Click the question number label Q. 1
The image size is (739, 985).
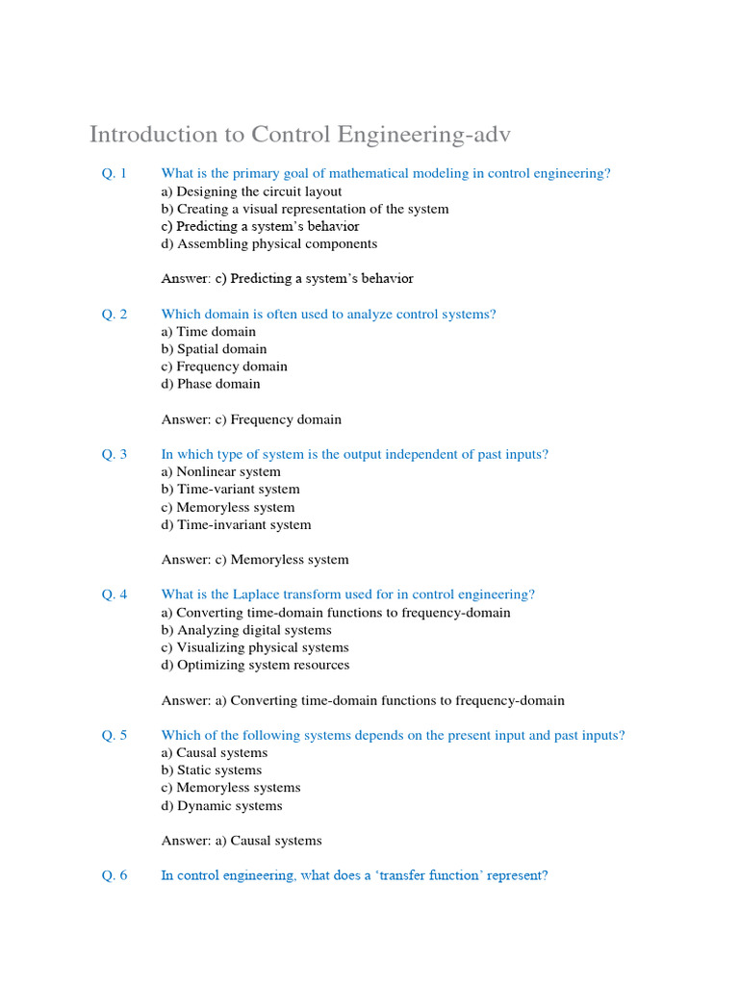click(115, 173)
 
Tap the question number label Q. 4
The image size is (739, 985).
click(115, 594)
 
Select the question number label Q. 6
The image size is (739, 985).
click(115, 875)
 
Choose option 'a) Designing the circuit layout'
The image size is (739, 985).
click(251, 191)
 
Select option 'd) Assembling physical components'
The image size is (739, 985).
click(268, 243)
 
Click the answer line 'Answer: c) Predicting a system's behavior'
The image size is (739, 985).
click(287, 279)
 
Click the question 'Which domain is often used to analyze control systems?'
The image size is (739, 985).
click(328, 314)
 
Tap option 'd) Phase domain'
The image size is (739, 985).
click(211, 384)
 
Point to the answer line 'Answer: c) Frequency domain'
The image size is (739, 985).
click(251, 419)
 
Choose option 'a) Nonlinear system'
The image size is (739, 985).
click(220, 471)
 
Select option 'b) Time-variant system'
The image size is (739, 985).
click(230, 489)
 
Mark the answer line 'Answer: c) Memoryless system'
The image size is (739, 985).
click(255, 560)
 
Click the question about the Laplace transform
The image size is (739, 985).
click(347, 594)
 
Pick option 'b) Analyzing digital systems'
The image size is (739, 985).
click(246, 630)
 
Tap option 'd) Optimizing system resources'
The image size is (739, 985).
click(255, 665)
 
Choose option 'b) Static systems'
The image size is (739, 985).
click(211, 770)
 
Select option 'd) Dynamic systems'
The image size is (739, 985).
click(221, 805)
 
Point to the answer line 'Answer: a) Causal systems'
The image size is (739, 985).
click(242, 841)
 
